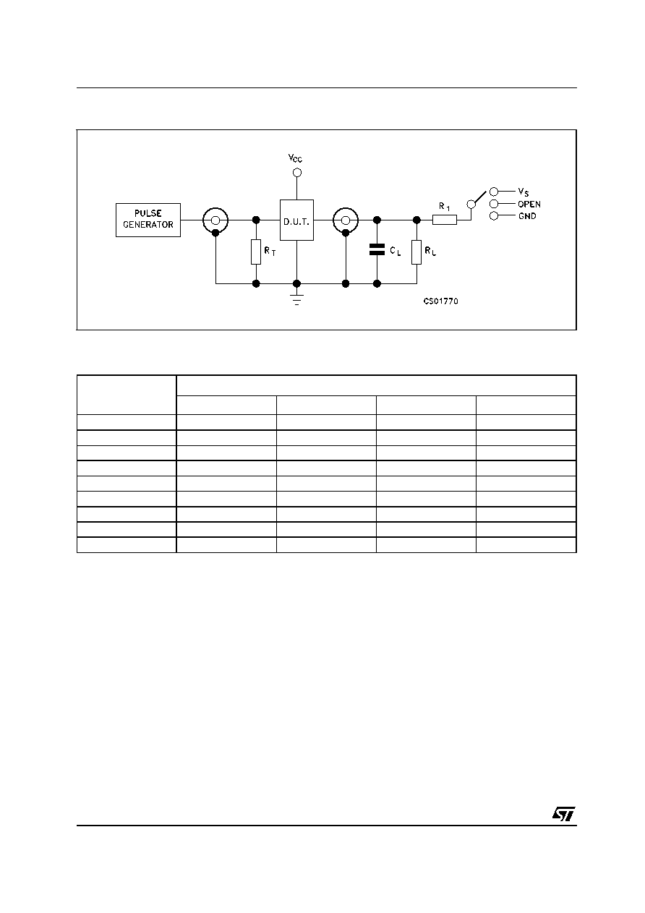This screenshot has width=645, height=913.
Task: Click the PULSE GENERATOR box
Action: (148, 220)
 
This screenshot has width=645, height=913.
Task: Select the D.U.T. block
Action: (296, 220)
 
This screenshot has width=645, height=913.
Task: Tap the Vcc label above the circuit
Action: (295, 158)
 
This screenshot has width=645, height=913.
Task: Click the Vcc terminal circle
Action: (297, 173)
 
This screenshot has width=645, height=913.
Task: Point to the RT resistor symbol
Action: (256, 252)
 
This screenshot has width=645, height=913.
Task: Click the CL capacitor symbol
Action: (377, 249)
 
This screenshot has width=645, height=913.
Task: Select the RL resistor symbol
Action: (417, 252)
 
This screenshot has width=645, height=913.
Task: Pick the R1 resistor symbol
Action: (445, 220)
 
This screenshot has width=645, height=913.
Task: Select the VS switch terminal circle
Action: (494, 191)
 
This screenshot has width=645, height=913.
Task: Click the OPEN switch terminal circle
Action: (494, 204)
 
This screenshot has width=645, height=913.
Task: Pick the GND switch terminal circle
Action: (494, 216)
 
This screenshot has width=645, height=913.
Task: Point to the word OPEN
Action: (529, 204)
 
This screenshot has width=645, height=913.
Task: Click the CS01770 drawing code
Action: (441, 301)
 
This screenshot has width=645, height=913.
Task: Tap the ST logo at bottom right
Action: (564, 814)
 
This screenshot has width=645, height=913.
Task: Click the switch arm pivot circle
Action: (471, 204)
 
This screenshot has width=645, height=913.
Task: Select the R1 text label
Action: (445, 207)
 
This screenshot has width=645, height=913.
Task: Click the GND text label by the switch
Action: (527, 216)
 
